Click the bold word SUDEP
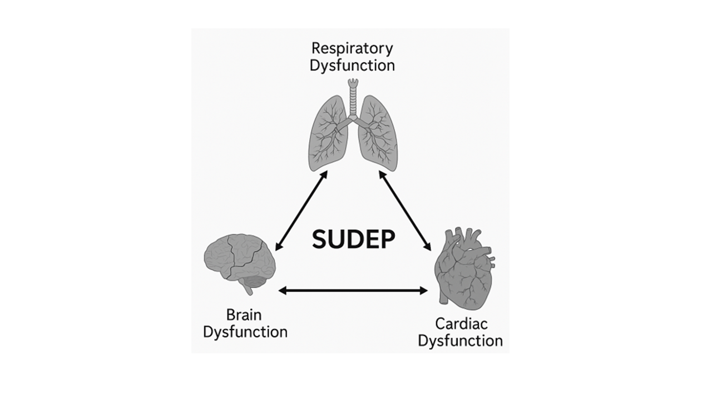tap(353, 239)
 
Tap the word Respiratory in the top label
tap(352, 48)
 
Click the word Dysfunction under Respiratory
tap(352, 66)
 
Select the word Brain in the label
tap(244, 315)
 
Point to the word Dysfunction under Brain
tap(245, 332)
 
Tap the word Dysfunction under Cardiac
tap(460, 340)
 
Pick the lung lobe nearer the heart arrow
tap(378, 133)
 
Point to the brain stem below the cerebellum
tap(245, 289)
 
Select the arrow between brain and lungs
tap(301, 209)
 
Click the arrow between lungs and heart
tap(405, 210)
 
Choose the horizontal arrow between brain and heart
tap(353, 290)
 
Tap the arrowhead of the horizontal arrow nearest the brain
tap(282, 290)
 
